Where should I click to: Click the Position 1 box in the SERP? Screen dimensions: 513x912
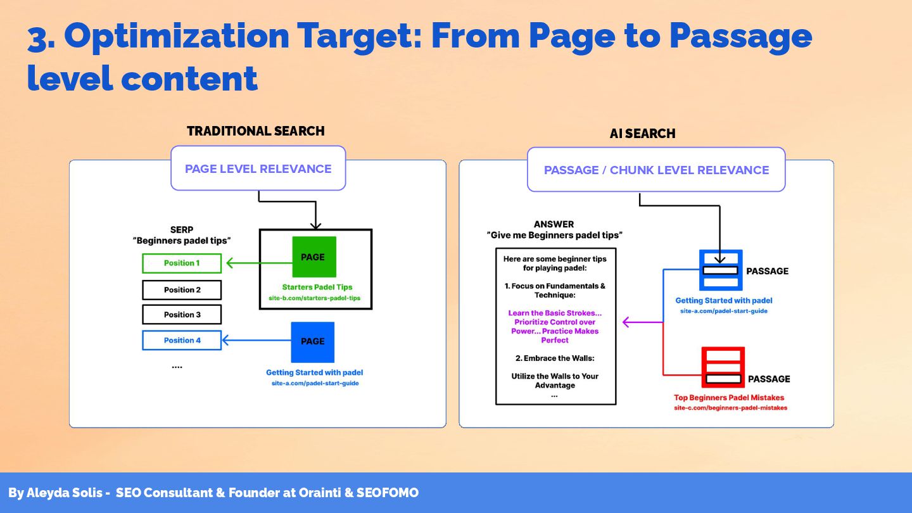tap(182, 263)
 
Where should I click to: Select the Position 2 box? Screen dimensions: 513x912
tap(182, 290)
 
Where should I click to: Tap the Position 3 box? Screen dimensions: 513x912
tap(182, 315)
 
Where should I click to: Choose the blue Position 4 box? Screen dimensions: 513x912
tap(182, 340)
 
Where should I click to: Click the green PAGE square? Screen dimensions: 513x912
tap(313, 257)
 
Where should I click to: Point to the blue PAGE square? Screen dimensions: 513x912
tap(313, 341)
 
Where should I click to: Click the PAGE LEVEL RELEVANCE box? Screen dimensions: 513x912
tap(258, 168)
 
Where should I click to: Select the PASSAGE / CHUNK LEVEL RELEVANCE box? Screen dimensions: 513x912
tap(656, 170)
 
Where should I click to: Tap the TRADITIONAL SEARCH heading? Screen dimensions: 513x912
tap(256, 131)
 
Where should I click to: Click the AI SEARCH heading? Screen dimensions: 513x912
tap(642, 134)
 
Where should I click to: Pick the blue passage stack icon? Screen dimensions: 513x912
tap(721, 270)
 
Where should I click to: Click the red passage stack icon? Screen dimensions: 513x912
tap(723, 367)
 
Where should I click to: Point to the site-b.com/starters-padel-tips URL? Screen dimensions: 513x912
tap(314, 298)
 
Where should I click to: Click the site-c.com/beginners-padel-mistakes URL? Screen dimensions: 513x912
tap(730, 408)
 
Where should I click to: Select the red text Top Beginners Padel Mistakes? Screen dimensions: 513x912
tap(729, 398)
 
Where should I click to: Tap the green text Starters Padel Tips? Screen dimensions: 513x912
tap(317, 287)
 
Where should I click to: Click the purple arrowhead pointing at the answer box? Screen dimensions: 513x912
tap(626, 322)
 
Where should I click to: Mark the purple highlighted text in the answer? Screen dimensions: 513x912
tap(555, 327)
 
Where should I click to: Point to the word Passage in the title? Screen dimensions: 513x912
tap(740, 36)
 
